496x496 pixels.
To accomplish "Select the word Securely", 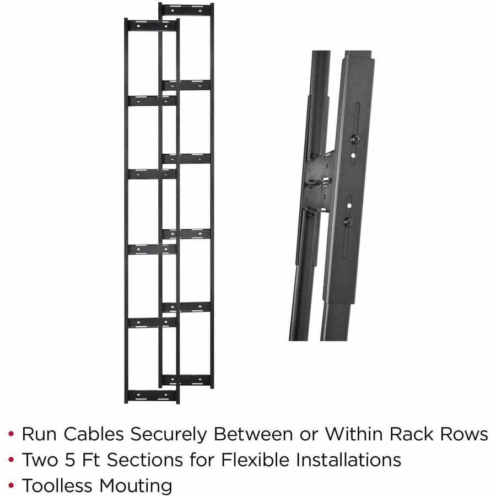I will pos(170,434).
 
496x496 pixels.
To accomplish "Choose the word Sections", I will pos(152,460).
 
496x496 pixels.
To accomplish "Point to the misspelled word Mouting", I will pos(136,486).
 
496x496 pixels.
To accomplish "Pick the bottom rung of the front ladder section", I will pos(152,395).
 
